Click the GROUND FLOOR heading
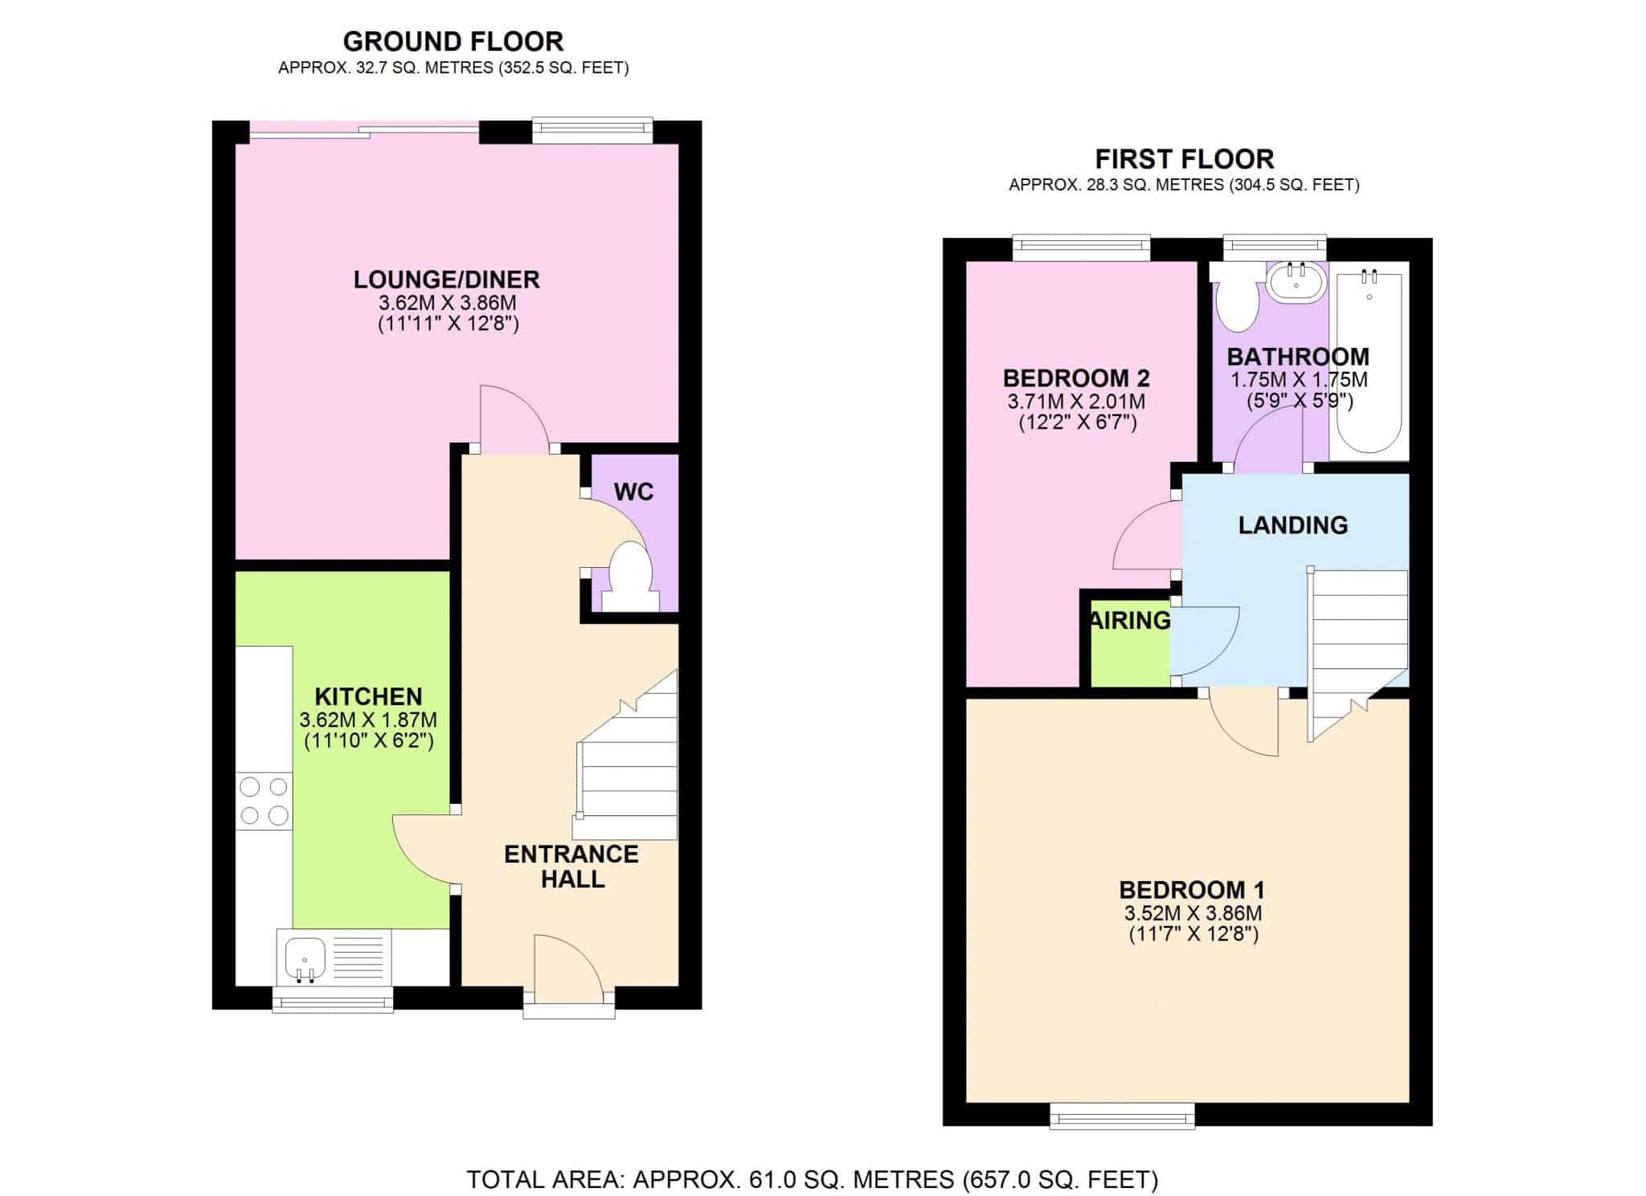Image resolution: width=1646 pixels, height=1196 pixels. coord(453,41)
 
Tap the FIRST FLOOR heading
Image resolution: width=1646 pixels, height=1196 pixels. coord(1184,158)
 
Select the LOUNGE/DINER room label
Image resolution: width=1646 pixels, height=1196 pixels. coord(447,280)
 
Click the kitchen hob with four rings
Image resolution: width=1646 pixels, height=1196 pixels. coord(264,801)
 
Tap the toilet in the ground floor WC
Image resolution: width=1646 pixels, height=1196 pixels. coord(629,577)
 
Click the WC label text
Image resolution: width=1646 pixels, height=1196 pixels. coord(634,492)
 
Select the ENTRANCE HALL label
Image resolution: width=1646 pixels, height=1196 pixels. coord(571,866)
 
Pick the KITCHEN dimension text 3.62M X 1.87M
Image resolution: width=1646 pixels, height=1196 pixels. coord(368,720)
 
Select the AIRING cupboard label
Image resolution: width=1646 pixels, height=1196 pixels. coord(1130,620)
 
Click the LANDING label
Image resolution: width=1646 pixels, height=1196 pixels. coord(1293,525)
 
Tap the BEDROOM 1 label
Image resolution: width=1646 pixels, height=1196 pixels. coord(1193,890)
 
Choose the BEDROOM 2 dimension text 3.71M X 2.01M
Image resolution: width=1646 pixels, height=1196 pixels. coord(1077,401)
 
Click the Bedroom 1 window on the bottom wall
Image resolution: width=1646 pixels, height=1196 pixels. coord(1123,1116)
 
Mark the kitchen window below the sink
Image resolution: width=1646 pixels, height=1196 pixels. coord(333,998)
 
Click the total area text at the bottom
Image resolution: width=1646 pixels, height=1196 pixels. coord(813,1179)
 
